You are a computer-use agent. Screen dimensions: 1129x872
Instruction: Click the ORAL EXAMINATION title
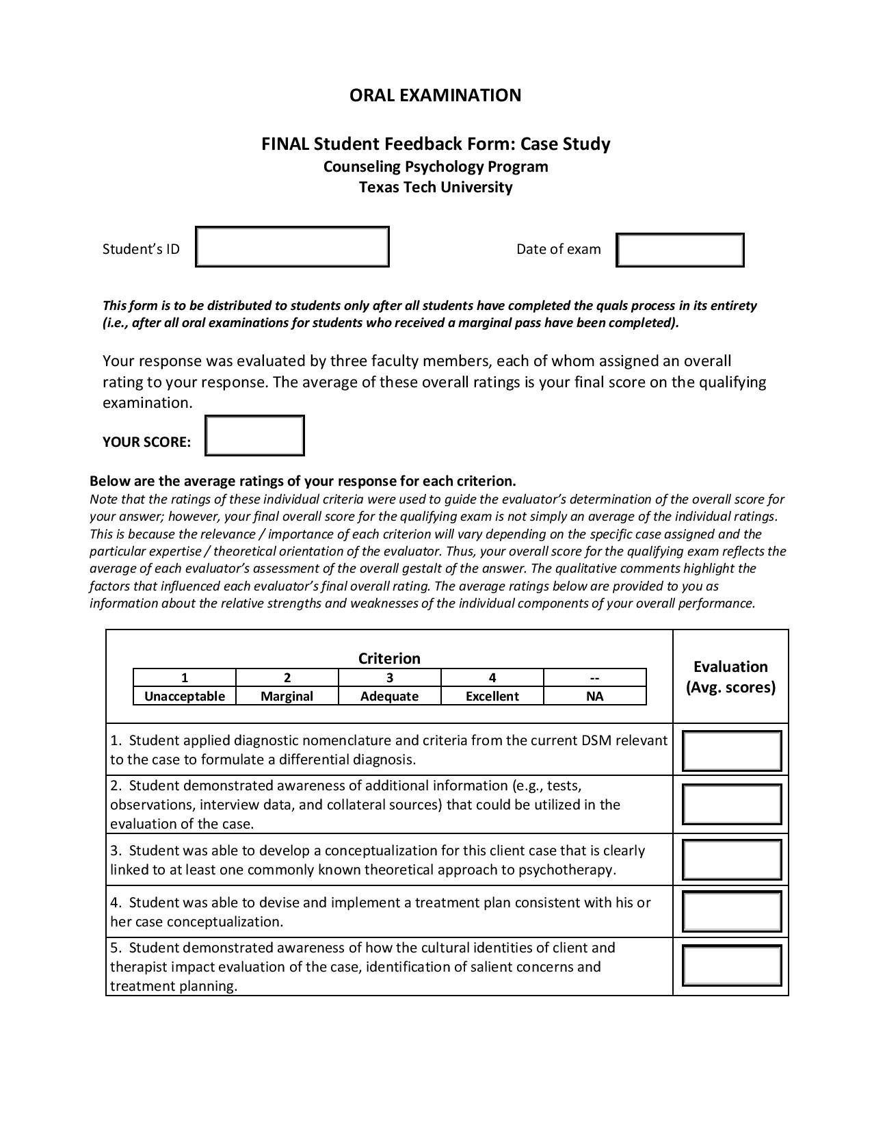435,95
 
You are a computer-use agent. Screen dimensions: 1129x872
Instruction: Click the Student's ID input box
292,247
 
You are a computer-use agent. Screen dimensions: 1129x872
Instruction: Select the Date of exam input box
679,250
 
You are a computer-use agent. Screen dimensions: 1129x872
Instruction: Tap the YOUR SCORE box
254,435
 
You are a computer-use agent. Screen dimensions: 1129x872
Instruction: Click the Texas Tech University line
435,187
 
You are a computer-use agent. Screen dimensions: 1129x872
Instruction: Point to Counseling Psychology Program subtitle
435,167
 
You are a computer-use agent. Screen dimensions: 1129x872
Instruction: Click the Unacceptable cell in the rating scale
184,697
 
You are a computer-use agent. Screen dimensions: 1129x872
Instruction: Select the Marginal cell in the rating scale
287,697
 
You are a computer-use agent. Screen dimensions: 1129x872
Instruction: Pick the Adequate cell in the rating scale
389,697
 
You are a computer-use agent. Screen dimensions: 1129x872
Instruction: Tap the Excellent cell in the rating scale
492,697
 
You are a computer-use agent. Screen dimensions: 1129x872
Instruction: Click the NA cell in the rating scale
594,697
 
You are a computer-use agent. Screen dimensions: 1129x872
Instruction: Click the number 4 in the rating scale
492,678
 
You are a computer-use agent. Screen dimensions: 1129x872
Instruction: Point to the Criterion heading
389,658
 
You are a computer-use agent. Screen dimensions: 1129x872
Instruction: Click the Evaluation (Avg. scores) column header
730,677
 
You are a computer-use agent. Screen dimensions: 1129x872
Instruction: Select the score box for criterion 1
731,751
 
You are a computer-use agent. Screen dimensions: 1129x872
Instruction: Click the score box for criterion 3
731,860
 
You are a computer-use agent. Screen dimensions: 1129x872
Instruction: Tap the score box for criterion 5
731,965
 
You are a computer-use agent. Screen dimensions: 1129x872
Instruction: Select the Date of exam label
558,250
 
